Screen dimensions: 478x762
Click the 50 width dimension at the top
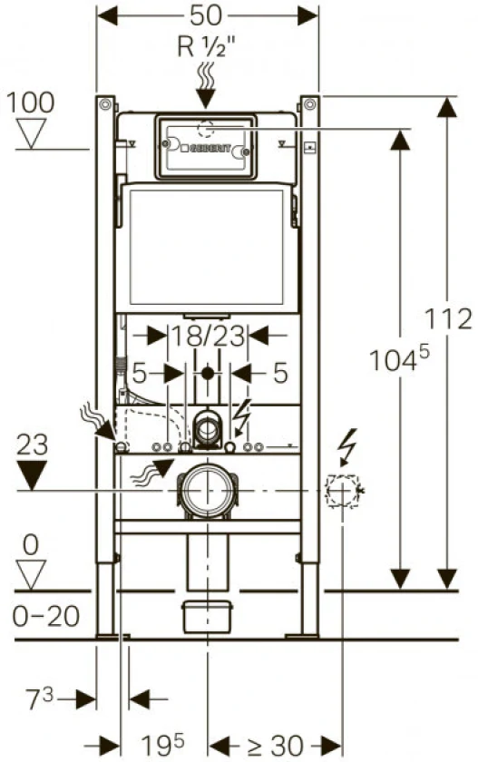click(206, 15)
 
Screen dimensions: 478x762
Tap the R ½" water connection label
click(206, 47)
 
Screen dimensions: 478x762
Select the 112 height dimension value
click(448, 318)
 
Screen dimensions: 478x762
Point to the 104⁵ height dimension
click(399, 358)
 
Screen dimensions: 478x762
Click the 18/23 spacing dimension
click(208, 336)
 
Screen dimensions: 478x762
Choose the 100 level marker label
click(30, 103)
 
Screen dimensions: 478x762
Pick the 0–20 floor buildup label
click(46, 616)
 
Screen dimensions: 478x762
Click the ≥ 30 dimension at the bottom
click(276, 745)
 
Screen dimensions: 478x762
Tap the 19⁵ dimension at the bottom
click(162, 744)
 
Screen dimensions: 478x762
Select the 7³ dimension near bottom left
click(39, 698)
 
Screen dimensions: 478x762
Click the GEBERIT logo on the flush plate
click(209, 149)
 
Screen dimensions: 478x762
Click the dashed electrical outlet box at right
click(343, 491)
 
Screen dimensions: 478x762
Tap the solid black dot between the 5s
click(208, 374)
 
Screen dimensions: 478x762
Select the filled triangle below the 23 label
click(32, 474)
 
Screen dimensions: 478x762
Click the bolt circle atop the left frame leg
click(104, 104)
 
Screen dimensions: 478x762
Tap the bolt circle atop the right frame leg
click(309, 104)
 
